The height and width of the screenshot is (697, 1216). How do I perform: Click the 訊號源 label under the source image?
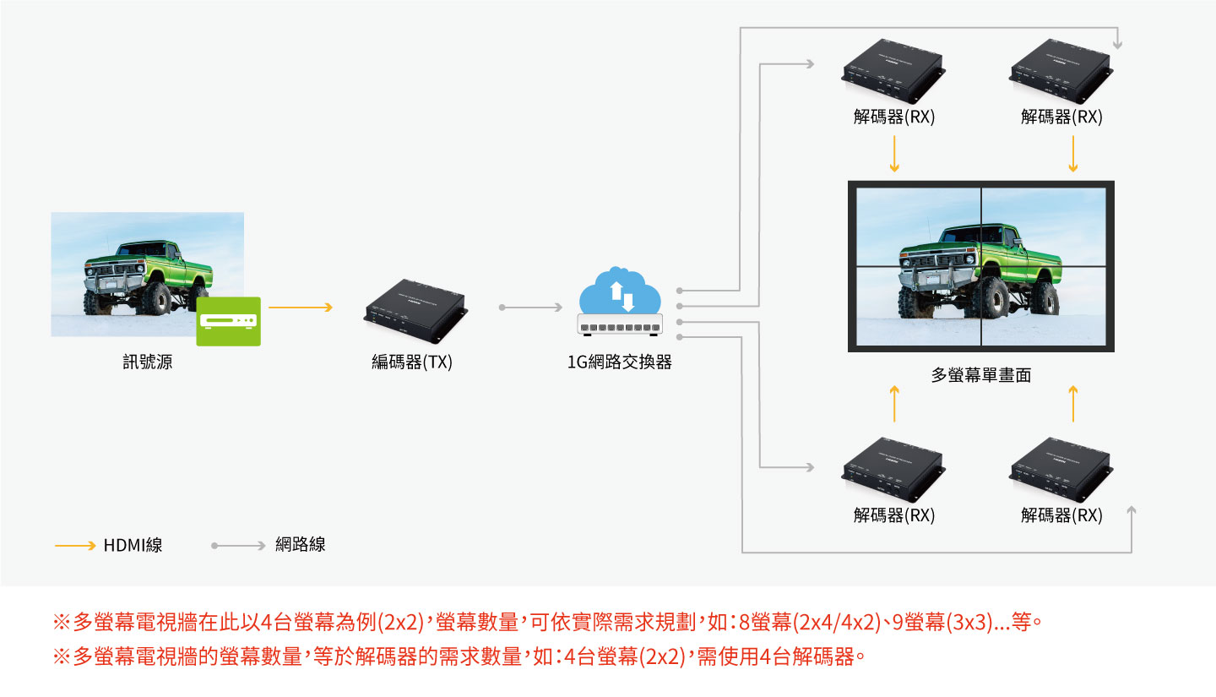pos(148,362)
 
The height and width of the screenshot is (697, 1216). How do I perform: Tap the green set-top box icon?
pos(229,321)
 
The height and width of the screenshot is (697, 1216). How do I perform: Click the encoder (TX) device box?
pos(415,311)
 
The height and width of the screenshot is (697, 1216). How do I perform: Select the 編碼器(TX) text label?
pos(412,362)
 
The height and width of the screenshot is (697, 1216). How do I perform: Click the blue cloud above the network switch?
pos(620,291)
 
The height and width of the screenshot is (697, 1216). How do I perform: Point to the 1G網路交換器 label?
pos(620,362)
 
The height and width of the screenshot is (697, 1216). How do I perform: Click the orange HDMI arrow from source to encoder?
pos(301,308)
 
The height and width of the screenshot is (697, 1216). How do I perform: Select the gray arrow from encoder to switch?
pos(530,308)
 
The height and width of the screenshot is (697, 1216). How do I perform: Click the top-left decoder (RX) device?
pos(893,71)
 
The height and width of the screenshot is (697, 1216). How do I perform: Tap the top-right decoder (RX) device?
pos(1061,71)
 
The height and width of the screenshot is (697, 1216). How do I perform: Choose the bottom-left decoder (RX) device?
pos(893,470)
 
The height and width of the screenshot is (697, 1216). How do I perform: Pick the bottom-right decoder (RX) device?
pos(1061,470)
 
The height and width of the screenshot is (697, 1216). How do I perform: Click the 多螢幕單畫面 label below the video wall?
pos(981,375)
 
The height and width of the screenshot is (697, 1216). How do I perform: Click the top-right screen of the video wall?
pos(1044,227)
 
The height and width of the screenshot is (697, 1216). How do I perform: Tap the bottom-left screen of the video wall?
pos(918,306)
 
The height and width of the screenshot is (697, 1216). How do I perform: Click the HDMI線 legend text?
pos(133,545)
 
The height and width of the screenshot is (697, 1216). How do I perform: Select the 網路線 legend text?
pos(301,544)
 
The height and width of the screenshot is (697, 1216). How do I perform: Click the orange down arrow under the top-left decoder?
pos(894,154)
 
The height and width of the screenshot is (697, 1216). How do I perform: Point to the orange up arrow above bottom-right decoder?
pos(1072,404)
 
